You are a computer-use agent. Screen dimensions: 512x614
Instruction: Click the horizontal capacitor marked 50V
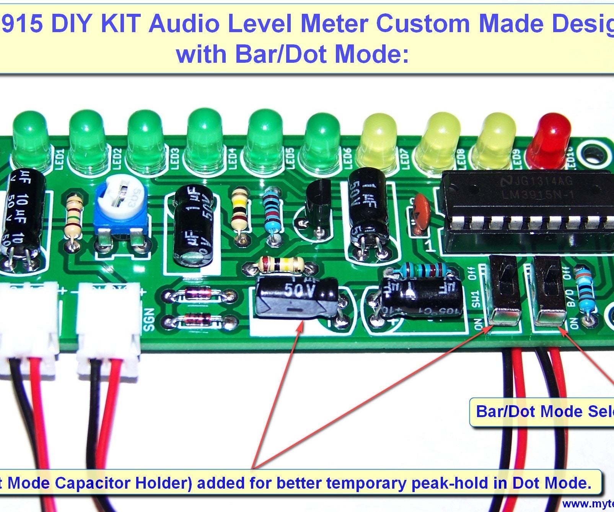point(296,298)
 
